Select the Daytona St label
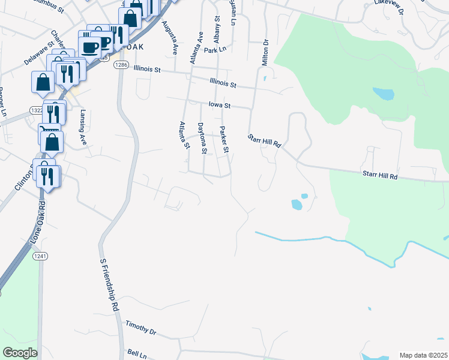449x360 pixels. pyautogui.click(x=202, y=139)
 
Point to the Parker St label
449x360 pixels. pyautogui.click(x=224, y=140)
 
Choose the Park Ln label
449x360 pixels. pyautogui.click(x=215, y=50)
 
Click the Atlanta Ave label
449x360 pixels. pyautogui.click(x=196, y=48)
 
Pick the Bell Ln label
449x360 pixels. pyautogui.click(x=137, y=355)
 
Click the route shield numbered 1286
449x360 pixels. pyautogui.click(x=121, y=64)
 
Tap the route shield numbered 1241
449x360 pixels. pyautogui.click(x=40, y=256)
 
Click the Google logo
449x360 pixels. pyautogui.click(x=20, y=353)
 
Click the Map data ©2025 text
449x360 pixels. pyautogui.click(x=423, y=355)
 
